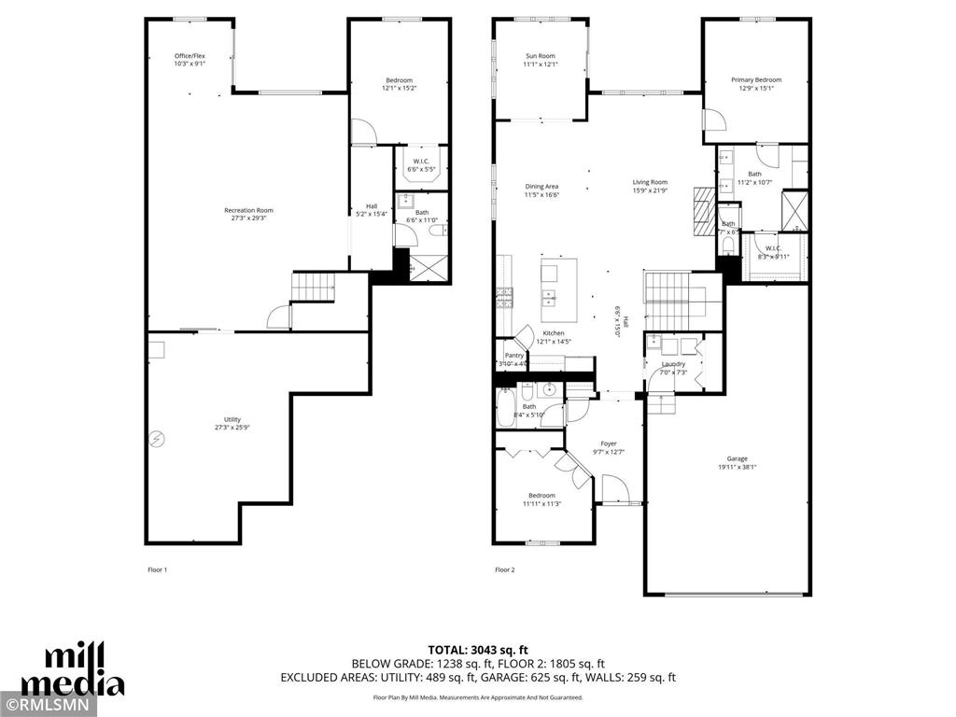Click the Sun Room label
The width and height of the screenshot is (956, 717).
540,56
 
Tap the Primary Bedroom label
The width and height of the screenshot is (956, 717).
756,80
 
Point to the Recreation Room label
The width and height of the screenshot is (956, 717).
248,210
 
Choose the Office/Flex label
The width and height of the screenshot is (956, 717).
190,56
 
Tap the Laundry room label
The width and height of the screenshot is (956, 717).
673,364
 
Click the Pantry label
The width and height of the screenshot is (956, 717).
513,356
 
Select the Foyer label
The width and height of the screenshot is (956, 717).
609,443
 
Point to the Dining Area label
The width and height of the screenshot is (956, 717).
541,186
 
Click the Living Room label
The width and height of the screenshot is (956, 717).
650,182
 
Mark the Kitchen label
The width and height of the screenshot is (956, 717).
554,333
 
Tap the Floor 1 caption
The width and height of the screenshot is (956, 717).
157,569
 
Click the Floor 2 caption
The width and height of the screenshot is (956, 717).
504,569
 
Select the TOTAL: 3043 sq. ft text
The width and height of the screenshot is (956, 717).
477,649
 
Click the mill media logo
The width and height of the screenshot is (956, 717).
73,669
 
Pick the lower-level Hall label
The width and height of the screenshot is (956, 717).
372,206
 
